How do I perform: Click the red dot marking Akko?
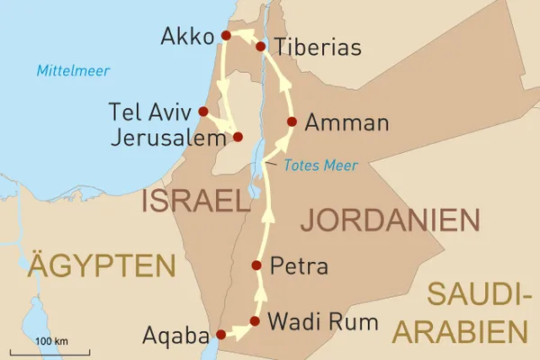coord(227,35)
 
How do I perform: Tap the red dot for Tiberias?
coord(260,46)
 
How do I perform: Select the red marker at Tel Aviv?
coord(203,112)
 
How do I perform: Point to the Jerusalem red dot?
coord(238,137)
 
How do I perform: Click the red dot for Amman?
coord(292,121)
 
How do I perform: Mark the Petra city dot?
coord(256,265)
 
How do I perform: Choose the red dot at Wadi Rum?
coord(255,320)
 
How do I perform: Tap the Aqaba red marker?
coord(220,335)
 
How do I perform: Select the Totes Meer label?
coord(319,165)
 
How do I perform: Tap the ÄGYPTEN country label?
coord(101,265)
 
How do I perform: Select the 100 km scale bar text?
coord(49,342)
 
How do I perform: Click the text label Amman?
coord(347,123)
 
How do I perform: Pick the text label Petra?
coord(299,266)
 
